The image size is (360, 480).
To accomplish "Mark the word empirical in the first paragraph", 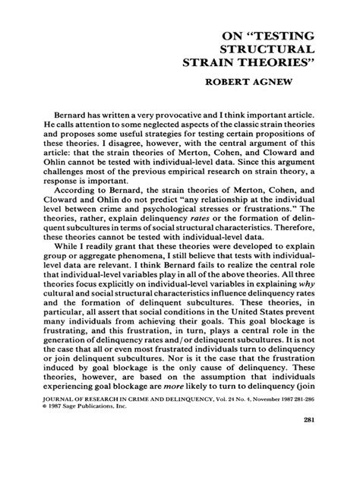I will (192, 171).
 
